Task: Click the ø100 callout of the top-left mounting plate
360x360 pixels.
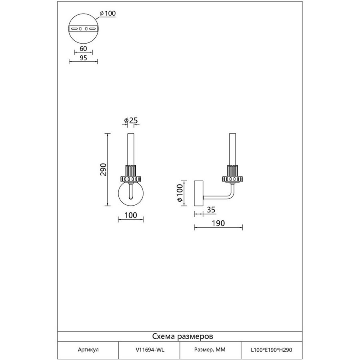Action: [x=108, y=13]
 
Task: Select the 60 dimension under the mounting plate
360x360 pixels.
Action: [x=83, y=49]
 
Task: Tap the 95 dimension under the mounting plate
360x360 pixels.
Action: [x=83, y=58]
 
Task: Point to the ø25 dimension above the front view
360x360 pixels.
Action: [x=131, y=120]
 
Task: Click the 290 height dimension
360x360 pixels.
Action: [x=104, y=170]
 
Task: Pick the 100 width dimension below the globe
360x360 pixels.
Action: [x=131, y=215]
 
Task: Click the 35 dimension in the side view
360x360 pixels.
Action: [x=211, y=210]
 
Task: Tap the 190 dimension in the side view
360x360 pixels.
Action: [x=218, y=223]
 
